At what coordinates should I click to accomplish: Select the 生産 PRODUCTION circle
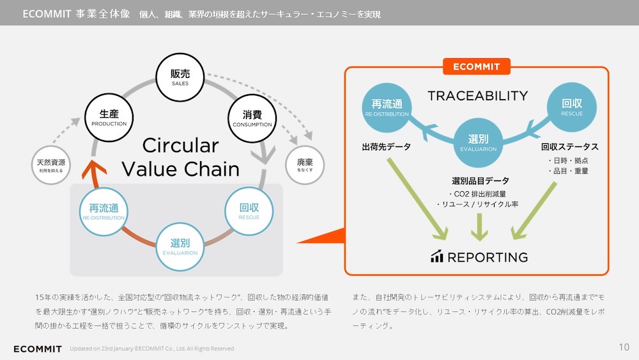coord(109,118)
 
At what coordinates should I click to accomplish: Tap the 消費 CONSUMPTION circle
coord(252,118)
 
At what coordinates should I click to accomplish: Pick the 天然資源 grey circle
coord(51,166)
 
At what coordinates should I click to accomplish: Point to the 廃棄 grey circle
coord(305,166)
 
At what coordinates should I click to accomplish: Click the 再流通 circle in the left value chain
coord(104,211)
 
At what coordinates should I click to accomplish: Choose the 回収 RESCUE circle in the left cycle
coord(249,211)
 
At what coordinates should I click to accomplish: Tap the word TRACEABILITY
coord(477,96)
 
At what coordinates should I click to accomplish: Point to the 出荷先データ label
coord(386,147)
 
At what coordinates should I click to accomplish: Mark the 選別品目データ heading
coord(479,181)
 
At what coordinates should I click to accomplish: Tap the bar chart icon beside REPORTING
coord(437,256)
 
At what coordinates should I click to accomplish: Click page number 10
coord(624,347)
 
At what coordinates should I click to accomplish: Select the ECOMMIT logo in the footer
coord(38,348)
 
